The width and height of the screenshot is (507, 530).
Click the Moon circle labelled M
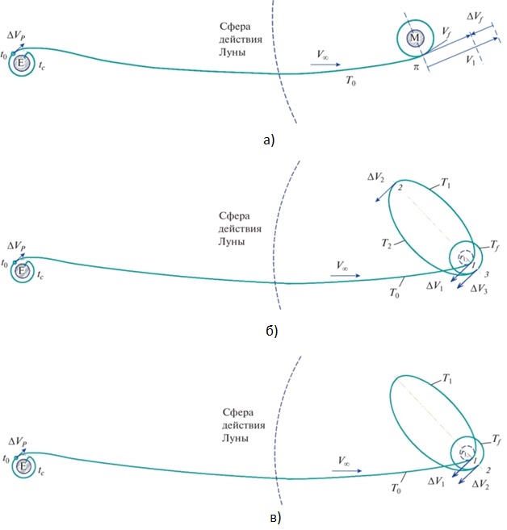(415, 38)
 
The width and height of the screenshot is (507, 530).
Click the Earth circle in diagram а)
(22, 64)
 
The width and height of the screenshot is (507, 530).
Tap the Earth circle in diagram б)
(22, 272)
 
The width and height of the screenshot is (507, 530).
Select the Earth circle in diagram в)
(23, 466)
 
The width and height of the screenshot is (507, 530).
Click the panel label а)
(270, 140)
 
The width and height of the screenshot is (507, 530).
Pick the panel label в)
(270, 515)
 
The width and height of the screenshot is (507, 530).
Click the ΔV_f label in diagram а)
(477, 16)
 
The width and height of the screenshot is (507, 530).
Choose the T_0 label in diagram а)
(351, 80)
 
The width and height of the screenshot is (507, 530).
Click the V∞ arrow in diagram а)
(329, 61)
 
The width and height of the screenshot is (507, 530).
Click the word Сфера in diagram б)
(236, 216)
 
